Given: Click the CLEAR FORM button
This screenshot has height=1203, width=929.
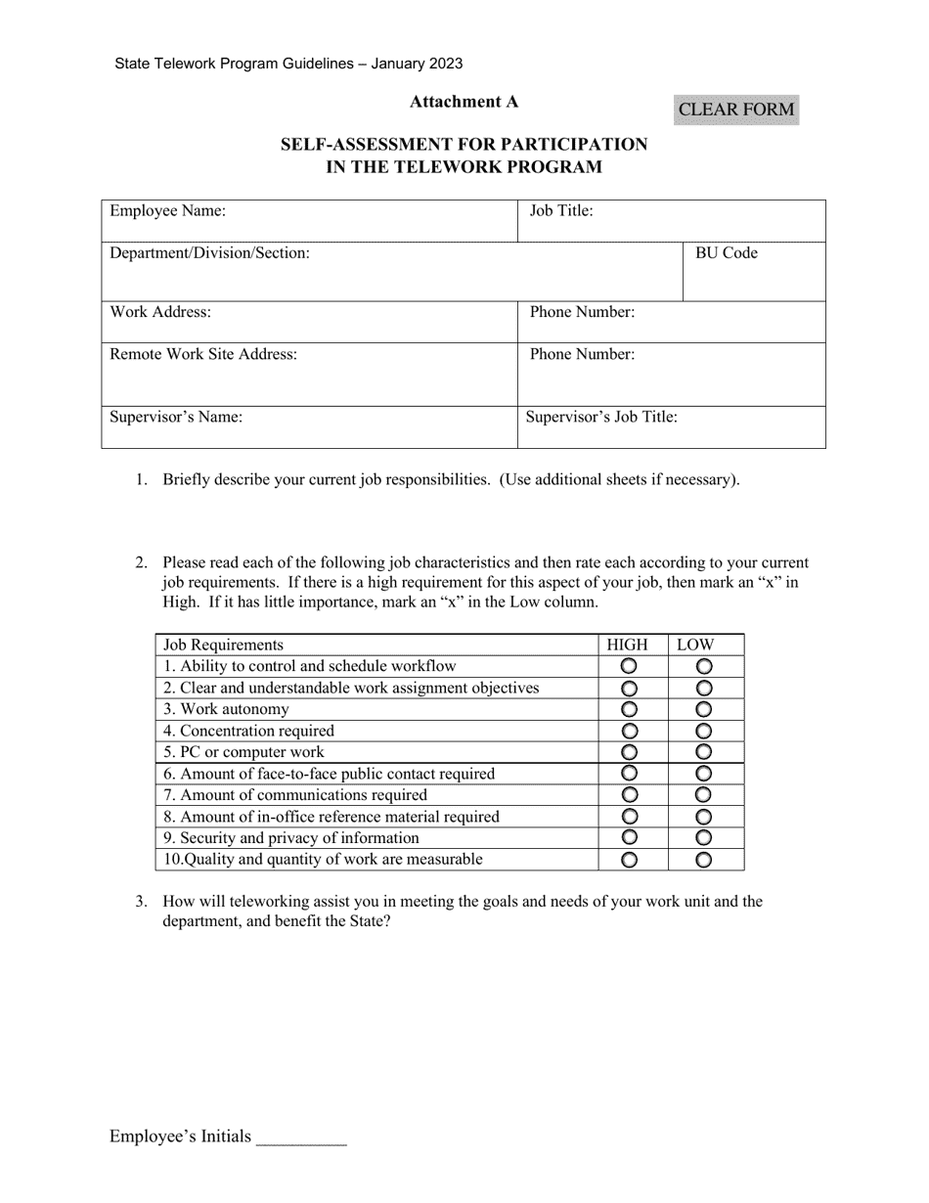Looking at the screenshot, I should (735, 110).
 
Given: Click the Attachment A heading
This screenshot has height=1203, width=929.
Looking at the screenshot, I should (464, 102).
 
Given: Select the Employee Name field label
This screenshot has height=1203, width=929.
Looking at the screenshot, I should (167, 210).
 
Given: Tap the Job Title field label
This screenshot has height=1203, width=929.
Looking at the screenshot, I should (561, 210).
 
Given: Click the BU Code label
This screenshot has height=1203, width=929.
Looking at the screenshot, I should (726, 253).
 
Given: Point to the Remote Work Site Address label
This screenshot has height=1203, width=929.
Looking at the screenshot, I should (203, 354).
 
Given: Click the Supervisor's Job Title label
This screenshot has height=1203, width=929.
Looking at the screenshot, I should (601, 417).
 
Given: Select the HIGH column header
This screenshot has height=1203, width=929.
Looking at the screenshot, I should (627, 645).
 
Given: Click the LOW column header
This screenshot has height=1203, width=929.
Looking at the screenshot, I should (695, 645).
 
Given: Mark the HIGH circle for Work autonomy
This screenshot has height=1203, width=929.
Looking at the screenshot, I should (630, 709).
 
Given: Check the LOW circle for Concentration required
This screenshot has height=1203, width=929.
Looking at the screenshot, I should (703, 731).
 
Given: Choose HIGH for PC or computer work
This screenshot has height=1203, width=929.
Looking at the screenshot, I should (630, 752).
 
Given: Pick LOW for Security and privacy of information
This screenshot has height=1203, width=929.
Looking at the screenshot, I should (703, 838).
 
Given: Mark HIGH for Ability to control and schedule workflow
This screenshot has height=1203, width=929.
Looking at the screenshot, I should (630, 666).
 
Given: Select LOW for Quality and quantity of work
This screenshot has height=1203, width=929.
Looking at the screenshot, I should (703, 860).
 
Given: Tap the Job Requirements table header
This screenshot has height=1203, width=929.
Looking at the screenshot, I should (223, 645).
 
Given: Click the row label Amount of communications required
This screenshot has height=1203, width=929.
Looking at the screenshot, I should (294, 795).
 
